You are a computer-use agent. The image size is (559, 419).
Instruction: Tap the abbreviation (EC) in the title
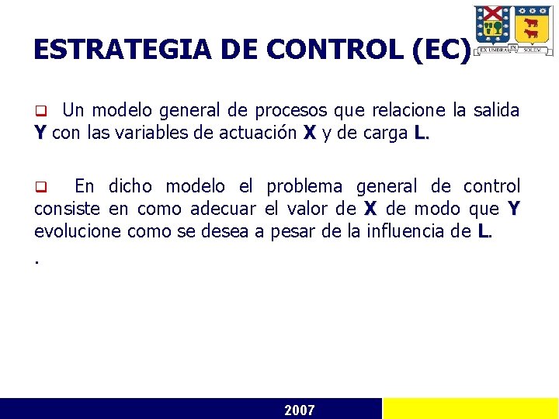click(x=443, y=50)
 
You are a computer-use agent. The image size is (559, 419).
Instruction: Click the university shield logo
click(x=513, y=29)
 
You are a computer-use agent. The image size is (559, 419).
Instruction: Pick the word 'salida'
click(x=495, y=110)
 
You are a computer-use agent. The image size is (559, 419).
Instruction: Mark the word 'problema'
click(x=304, y=186)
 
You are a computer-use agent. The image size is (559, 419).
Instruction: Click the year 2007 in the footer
click(x=300, y=410)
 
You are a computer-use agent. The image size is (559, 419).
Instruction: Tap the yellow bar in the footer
click(x=470, y=409)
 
